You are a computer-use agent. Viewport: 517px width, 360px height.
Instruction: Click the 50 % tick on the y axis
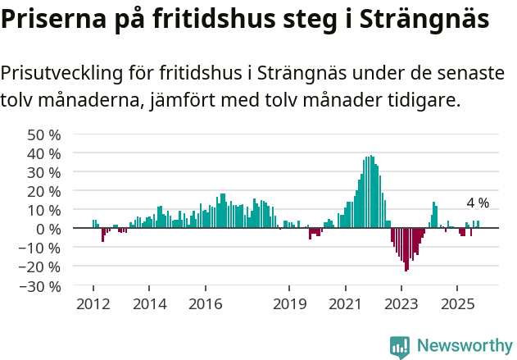click(x=44, y=134)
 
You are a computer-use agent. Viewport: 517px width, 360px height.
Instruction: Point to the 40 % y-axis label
click(x=44, y=153)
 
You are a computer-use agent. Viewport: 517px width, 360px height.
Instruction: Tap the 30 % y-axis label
click(x=44, y=172)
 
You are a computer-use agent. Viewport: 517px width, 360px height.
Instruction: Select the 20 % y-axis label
click(x=44, y=191)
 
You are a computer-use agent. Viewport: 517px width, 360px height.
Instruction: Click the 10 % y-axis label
click(x=44, y=210)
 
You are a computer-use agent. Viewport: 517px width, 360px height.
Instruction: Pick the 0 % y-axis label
click(x=48, y=229)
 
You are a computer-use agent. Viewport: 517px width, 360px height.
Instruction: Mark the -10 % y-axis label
click(x=42, y=248)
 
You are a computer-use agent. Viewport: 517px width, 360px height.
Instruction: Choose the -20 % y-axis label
click(x=42, y=267)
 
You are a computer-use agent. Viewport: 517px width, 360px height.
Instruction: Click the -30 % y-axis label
click(x=42, y=286)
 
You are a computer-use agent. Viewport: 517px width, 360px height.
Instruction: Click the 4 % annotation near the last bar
click(x=478, y=203)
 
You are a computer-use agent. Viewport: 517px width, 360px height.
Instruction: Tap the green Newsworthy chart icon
click(x=400, y=347)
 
